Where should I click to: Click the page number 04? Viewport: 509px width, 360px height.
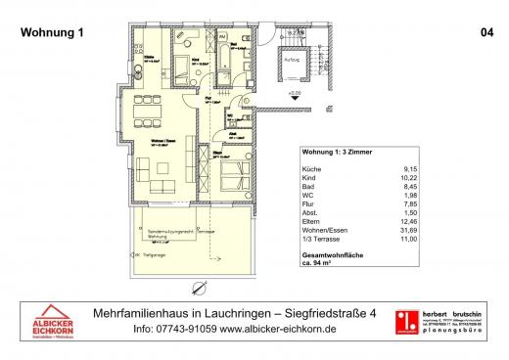[486, 31]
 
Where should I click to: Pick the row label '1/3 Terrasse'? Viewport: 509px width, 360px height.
[320, 242]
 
